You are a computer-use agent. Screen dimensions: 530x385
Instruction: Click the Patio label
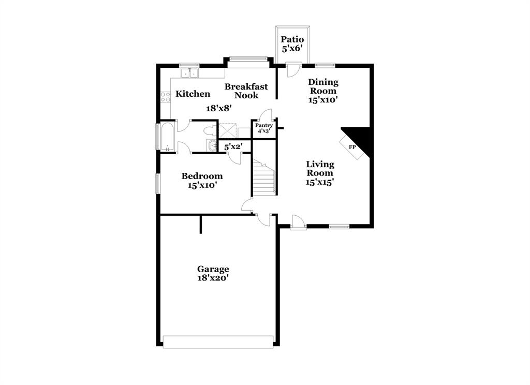[292, 39]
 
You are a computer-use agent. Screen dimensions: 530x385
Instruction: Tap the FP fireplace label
[352, 147]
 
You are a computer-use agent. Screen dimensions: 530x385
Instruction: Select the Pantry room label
[264, 125]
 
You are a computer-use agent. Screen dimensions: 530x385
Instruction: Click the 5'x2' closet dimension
[233, 147]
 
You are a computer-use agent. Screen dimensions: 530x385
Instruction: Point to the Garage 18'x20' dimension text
[213, 278]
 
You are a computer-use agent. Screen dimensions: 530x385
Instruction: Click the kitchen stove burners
[165, 97]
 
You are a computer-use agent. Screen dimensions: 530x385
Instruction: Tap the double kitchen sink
[189, 73]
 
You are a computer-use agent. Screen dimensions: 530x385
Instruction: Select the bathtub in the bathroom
[168, 137]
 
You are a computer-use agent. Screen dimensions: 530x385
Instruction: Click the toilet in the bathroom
[210, 130]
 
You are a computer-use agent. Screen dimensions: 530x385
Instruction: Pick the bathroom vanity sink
[212, 146]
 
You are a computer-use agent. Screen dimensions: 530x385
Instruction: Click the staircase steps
[264, 177]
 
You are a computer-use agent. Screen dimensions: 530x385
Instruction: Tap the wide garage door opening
[218, 342]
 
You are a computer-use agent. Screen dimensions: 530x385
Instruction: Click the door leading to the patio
[293, 70]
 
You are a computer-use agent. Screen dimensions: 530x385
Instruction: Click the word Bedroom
[202, 176]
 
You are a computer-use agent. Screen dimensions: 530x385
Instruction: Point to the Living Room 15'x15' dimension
[320, 182]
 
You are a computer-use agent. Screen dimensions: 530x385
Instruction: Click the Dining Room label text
[323, 86]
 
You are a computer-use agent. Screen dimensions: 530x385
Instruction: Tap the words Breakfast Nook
[246, 91]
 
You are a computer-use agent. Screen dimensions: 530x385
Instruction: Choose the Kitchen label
[193, 94]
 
